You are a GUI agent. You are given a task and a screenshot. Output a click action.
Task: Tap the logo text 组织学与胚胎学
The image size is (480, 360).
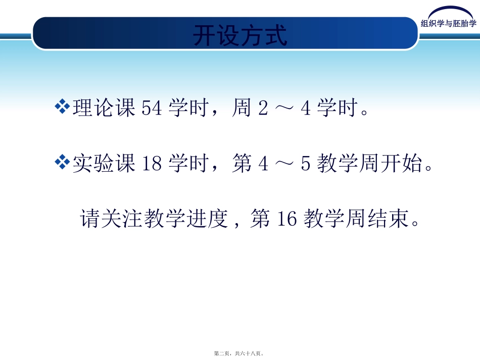pyautogui.click(x=449, y=24)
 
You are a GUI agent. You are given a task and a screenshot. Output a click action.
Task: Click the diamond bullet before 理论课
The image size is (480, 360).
pyautogui.click(x=62, y=107)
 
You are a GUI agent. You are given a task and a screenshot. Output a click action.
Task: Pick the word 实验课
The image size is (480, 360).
pyautogui.click(x=104, y=164)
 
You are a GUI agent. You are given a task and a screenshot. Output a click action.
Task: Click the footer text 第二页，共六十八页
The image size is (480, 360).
pyautogui.click(x=239, y=354)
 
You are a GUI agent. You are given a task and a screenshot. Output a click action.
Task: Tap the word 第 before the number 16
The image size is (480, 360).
pyautogui.click(x=260, y=220)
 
